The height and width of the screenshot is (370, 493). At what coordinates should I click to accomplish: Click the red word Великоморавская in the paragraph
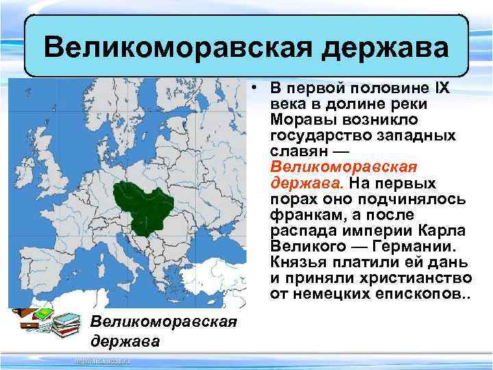pos(344,167)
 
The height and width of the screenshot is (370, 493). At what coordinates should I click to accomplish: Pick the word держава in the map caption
pos(124,341)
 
